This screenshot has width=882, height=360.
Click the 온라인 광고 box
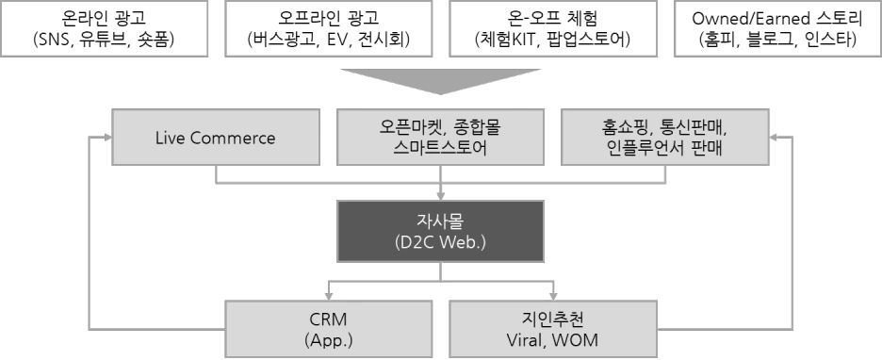tap(103, 28)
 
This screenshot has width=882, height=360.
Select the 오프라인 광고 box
tap(326, 28)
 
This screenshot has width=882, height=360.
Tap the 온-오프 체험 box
tap(552, 28)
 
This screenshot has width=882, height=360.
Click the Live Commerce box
tap(215, 139)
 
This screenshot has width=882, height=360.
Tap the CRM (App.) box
tap(328, 327)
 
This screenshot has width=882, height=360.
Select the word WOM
tap(578, 339)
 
